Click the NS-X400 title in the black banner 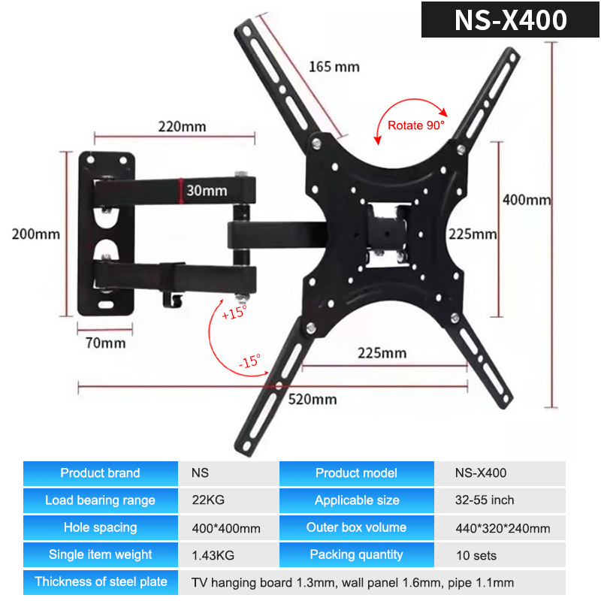[x=511, y=20]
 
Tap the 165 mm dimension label [x=334, y=67]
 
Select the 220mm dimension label [x=182, y=126]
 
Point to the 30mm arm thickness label [x=207, y=191]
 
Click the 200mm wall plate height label [x=35, y=234]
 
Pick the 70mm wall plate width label [x=105, y=343]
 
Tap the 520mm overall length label [x=313, y=400]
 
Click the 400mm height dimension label [x=527, y=200]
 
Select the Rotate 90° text [x=416, y=125]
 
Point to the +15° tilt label [x=234, y=313]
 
